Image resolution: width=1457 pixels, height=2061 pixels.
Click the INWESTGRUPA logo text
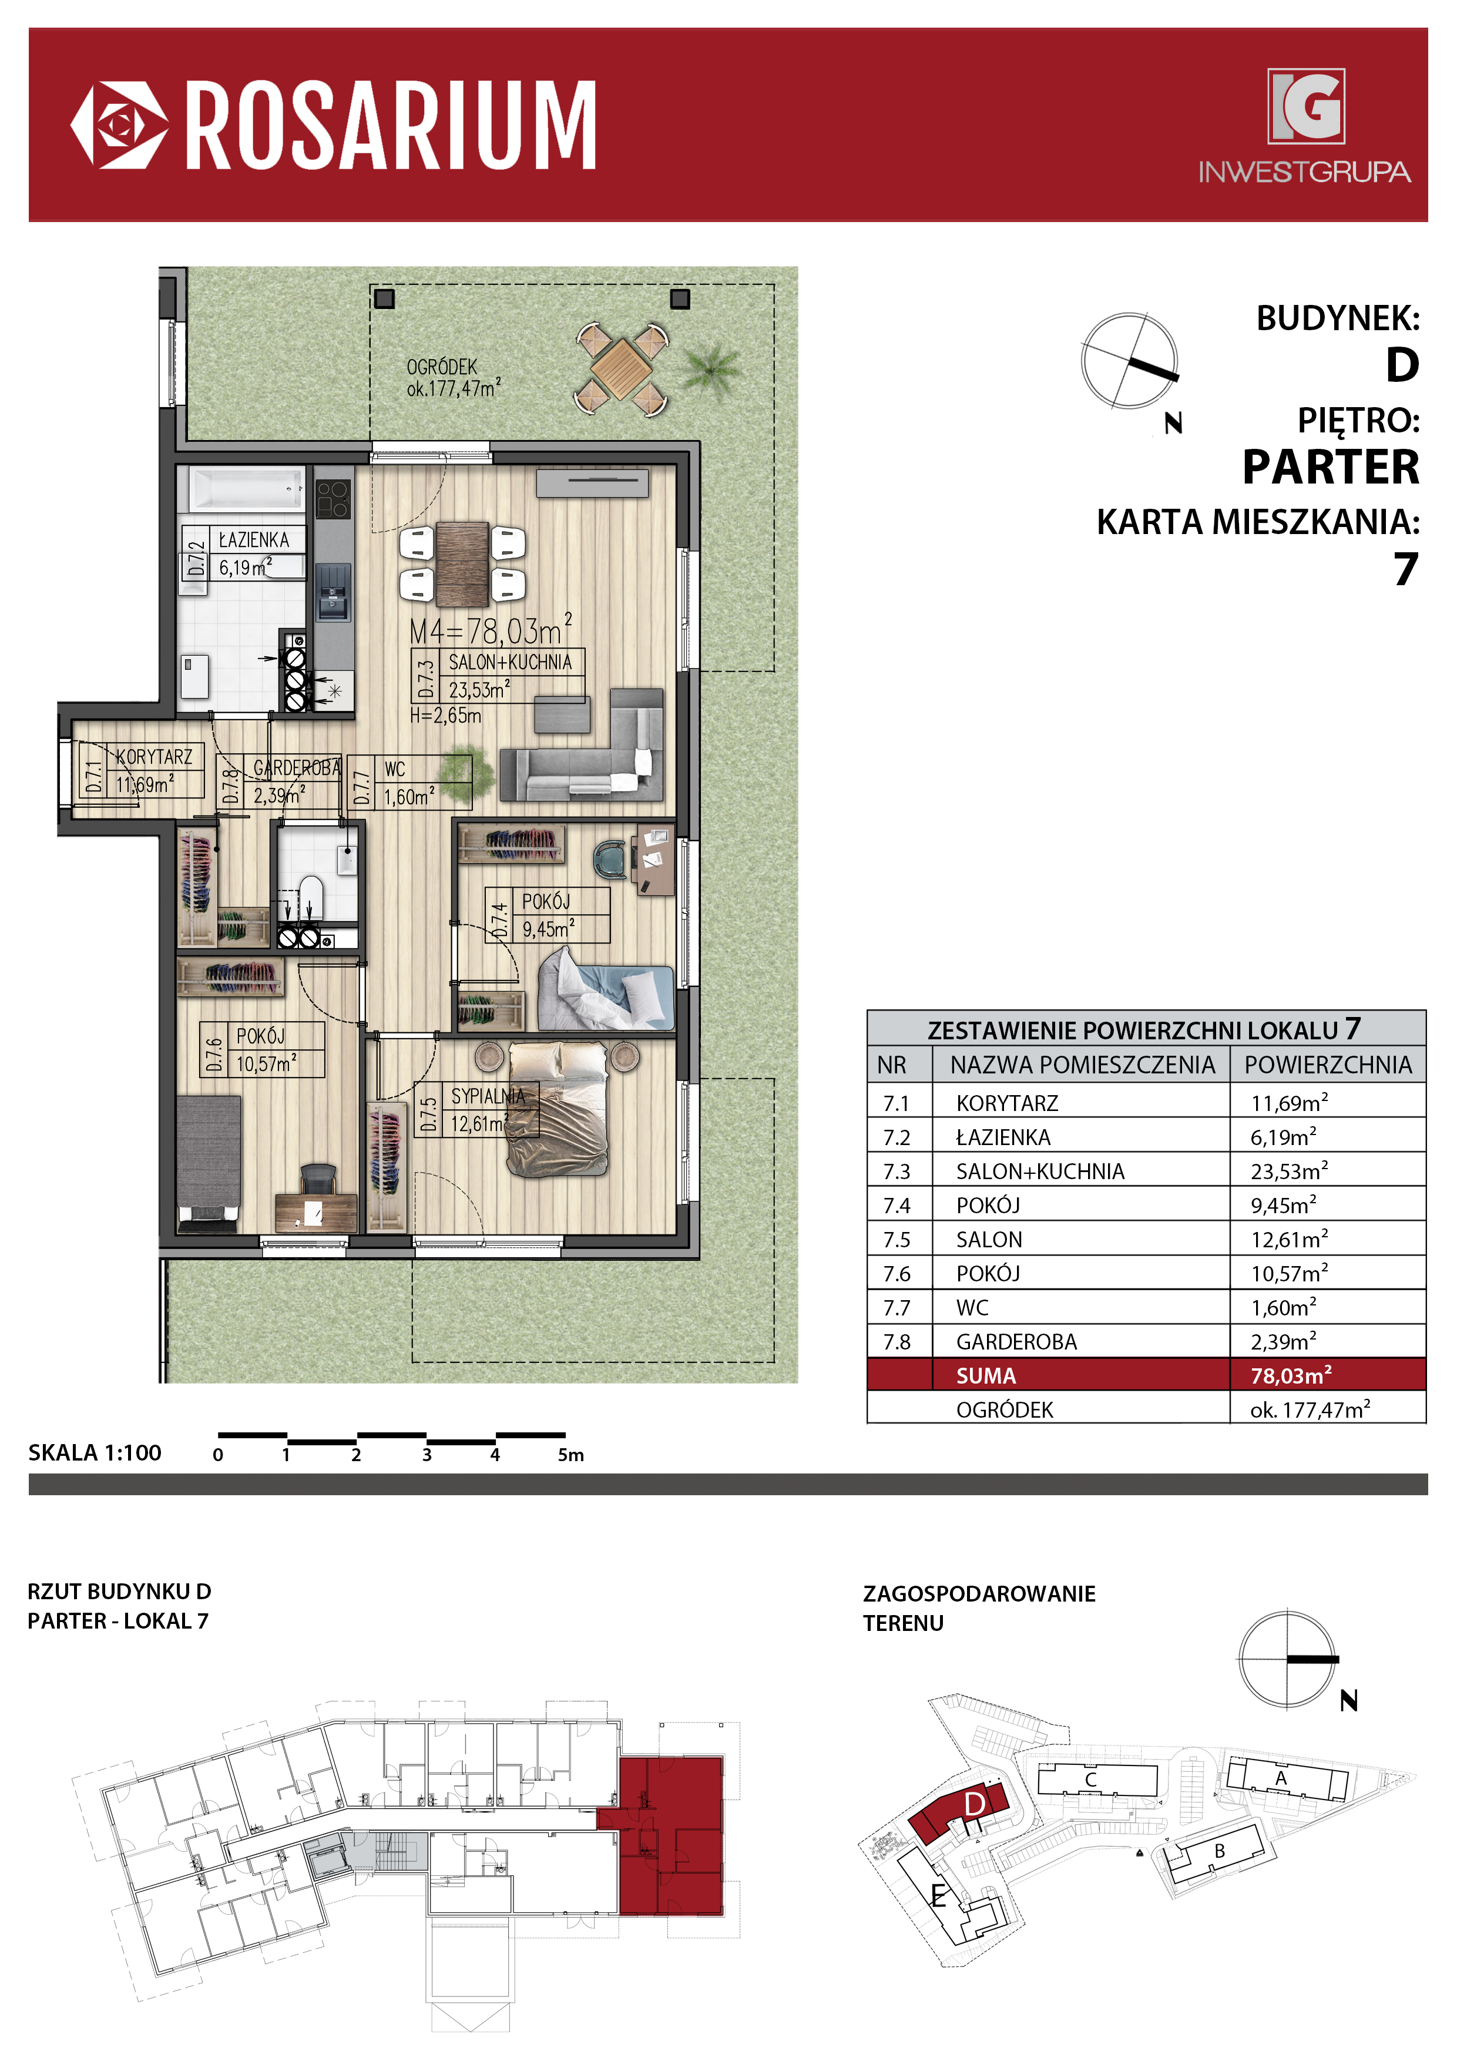(1304, 172)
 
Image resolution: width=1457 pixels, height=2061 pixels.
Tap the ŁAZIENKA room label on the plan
(254, 539)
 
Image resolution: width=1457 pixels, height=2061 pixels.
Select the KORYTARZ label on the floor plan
(153, 757)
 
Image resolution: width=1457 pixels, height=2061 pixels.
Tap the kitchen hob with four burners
(332, 499)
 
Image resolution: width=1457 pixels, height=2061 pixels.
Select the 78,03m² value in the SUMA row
(1291, 1375)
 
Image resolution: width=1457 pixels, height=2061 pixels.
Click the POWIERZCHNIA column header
(1328, 1065)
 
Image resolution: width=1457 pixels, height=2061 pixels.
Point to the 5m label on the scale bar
(571, 1455)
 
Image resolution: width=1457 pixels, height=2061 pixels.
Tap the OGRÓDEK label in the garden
(442, 367)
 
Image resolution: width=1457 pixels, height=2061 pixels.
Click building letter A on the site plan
(1281, 1778)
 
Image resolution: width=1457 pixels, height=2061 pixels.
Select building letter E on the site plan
(938, 1896)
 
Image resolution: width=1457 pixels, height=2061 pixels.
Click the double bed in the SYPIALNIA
(559, 1109)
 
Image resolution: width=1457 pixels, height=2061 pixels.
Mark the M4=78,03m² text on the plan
(490, 630)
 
